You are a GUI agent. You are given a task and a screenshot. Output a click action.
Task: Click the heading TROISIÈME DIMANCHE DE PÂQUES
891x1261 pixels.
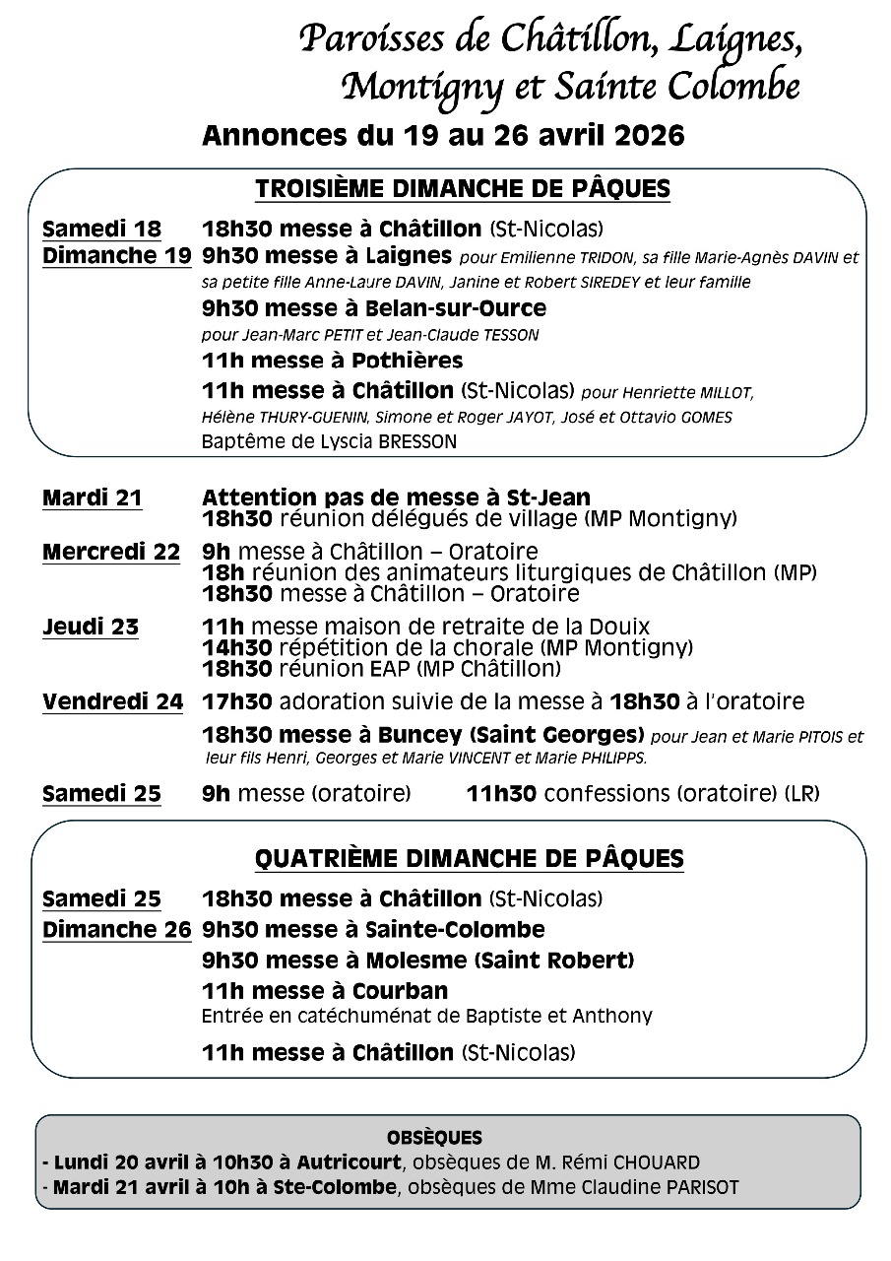[x=463, y=189]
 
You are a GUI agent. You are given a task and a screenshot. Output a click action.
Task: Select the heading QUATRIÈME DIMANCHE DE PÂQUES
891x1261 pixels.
[x=469, y=858]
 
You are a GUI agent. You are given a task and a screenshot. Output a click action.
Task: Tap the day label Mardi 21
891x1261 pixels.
[x=93, y=498]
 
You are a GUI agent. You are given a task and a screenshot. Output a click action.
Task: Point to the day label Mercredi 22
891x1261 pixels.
[x=111, y=552]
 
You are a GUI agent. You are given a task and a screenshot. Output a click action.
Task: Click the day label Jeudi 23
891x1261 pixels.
[x=91, y=627]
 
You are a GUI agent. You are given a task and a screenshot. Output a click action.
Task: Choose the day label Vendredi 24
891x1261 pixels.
[x=112, y=701]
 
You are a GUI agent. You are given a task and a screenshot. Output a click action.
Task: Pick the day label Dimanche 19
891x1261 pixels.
[x=117, y=257]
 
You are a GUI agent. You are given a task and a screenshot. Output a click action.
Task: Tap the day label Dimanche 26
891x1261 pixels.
[x=117, y=929]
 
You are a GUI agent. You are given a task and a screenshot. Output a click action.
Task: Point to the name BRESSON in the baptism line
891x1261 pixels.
[x=417, y=442]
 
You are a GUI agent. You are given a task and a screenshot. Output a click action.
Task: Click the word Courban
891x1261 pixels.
[x=402, y=991]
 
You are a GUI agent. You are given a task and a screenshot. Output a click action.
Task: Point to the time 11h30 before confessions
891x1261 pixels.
[x=500, y=793]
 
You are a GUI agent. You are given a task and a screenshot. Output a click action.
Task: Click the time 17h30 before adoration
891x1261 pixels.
[x=237, y=702]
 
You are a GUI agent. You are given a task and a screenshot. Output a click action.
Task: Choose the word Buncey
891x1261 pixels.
[x=402, y=735]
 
